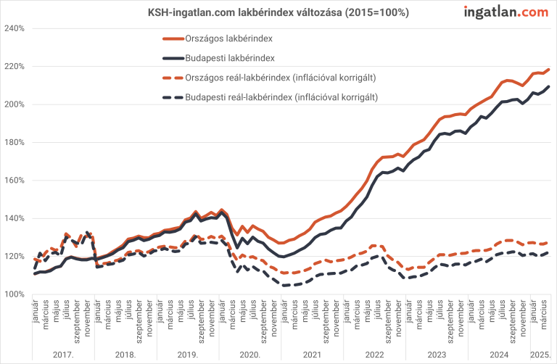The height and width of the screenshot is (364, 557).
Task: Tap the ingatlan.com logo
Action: point(506,12)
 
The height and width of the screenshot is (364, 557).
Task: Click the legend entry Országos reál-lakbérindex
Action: point(283,77)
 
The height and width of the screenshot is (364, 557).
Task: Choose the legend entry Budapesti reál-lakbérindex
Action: point(283,96)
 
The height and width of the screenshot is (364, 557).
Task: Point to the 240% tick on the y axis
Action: point(15,28)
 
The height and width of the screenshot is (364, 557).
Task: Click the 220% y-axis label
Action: point(15,66)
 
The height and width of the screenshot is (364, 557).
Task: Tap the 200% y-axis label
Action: point(15,104)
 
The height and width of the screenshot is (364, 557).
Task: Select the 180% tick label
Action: point(15,142)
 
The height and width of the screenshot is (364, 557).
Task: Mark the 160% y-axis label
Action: point(15,181)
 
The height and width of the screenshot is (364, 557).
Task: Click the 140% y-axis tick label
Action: point(15,218)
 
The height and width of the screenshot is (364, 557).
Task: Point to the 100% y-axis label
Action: point(15,294)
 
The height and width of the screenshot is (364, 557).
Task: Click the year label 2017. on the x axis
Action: point(64,354)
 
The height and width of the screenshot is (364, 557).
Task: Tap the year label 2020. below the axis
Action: point(250,354)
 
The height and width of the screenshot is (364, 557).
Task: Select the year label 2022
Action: point(374,354)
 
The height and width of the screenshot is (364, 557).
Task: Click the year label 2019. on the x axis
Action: point(188,354)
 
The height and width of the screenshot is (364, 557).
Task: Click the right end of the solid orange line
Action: point(548,70)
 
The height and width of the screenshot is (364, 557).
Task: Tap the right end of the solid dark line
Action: point(548,87)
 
